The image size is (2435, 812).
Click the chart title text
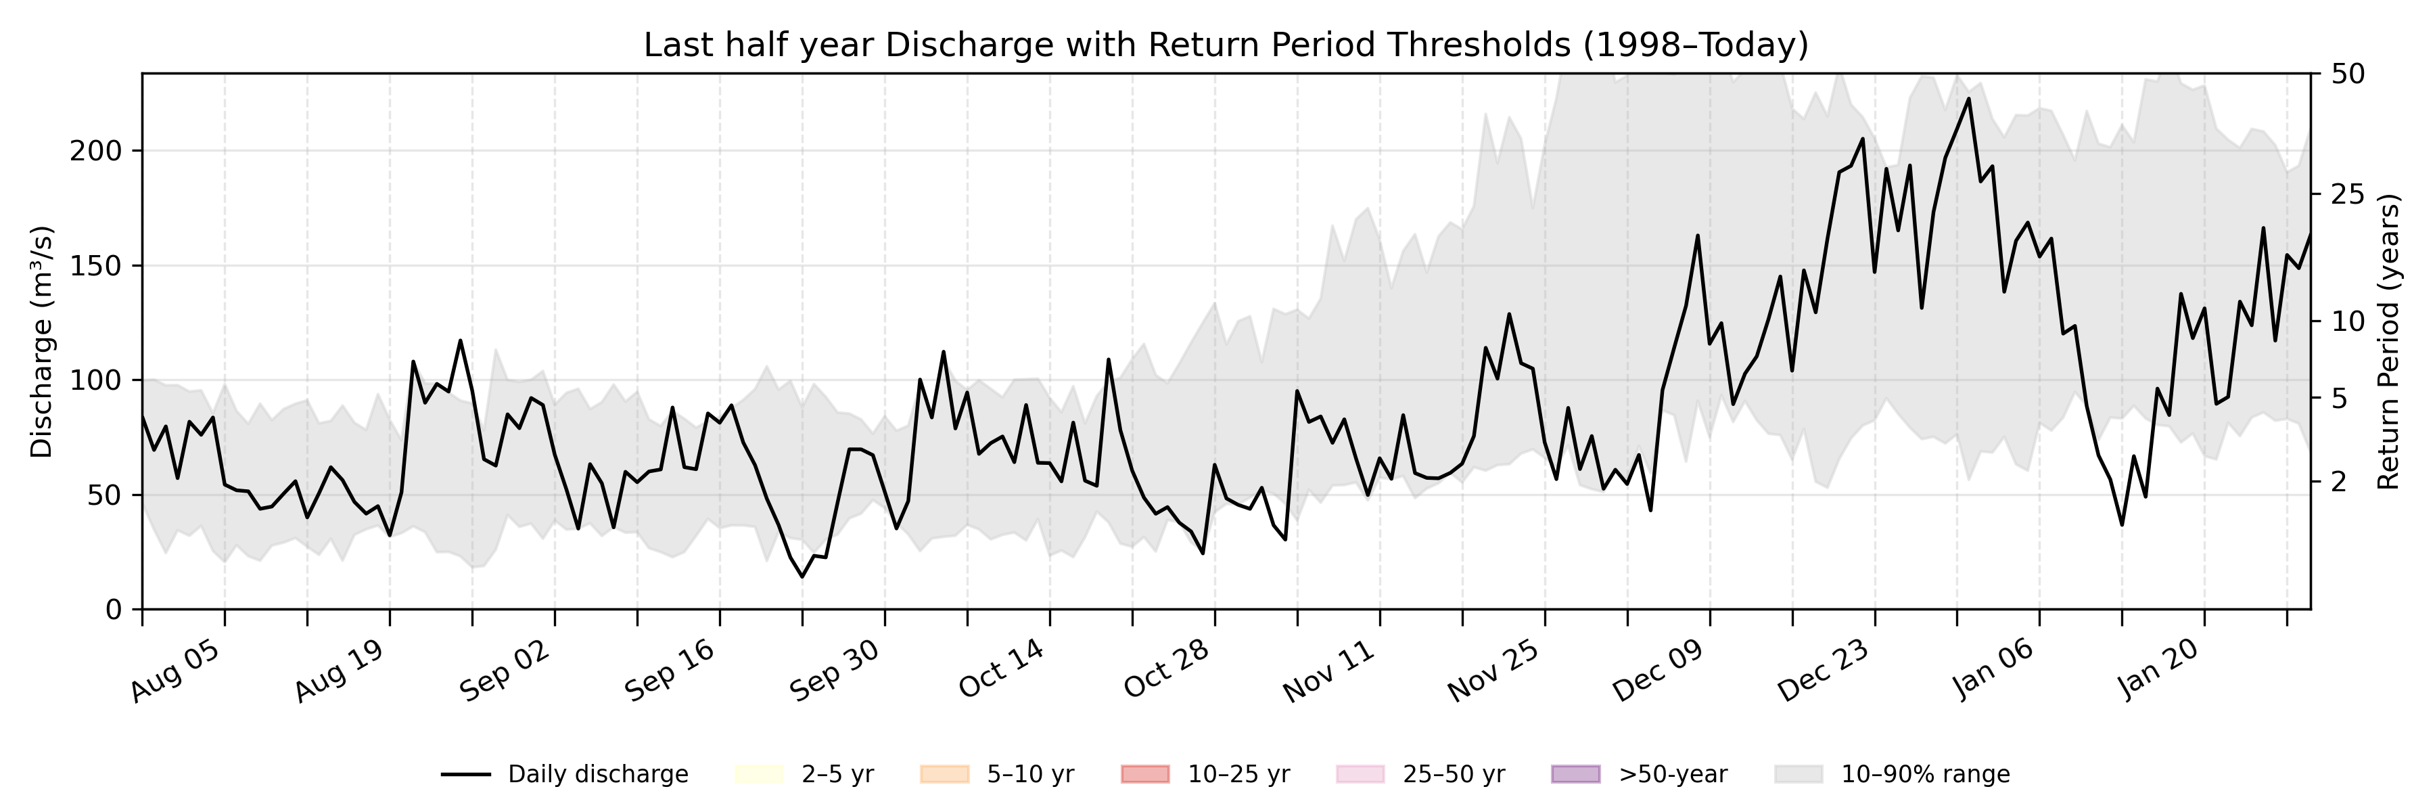point(1225,45)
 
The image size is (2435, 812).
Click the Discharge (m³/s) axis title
point(41,341)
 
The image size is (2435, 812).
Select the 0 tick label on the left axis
point(114,610)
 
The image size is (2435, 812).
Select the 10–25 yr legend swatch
point(1144,774)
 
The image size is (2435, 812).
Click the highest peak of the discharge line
point(1968,98)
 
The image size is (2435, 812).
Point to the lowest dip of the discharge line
point(802,577)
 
